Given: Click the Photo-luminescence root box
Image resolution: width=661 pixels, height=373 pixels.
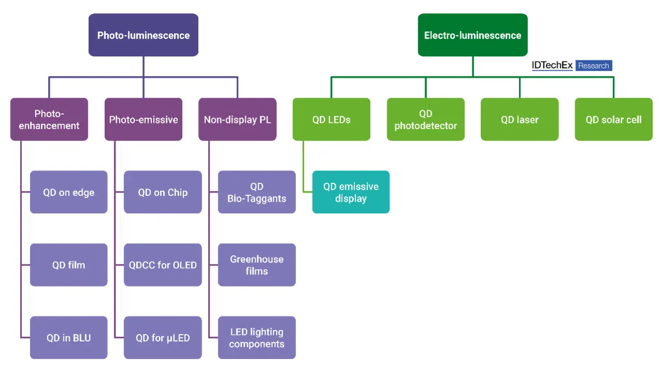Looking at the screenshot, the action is [x=144, y=35].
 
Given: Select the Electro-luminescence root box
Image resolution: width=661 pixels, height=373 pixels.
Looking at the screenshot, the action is [x=473, y=35].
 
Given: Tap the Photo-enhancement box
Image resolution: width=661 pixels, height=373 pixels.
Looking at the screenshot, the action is [x=49, y=119].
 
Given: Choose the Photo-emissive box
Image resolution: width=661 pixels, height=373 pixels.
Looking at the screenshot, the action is [x=144, y=119].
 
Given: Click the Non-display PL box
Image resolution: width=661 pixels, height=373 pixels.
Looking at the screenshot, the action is [x=238, y=119].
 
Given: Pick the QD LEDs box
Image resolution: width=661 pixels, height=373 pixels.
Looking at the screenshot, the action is [x=332, y=119].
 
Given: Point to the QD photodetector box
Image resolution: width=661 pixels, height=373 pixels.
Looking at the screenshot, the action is [x=426, y=119].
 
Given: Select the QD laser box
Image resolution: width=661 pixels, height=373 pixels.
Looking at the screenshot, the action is [x=520, y=119].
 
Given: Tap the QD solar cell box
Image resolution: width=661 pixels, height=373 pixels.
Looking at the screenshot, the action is [x=614, y=119].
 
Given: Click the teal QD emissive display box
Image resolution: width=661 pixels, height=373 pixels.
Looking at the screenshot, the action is [x=351, y=192].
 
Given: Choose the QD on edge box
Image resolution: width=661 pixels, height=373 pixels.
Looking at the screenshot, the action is [x=69, y=192].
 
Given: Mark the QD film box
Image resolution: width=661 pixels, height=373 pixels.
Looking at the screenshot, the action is [x=69, y=265].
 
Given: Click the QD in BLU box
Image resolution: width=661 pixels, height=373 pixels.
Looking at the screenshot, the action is [x=69, y=337].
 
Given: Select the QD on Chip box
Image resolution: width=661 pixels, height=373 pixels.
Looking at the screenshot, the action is [x=163, y=192].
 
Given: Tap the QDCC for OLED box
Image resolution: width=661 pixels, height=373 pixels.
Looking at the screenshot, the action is [x=163, y=265].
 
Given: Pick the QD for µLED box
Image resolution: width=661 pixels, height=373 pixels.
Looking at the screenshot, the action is [x=163, y=337].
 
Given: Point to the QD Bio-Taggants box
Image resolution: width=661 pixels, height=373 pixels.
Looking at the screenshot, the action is [x=257, y=192].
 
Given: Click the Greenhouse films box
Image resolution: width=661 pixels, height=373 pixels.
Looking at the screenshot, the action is [x=257, y=265].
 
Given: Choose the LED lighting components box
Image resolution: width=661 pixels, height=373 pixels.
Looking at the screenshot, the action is [x=257, y=337].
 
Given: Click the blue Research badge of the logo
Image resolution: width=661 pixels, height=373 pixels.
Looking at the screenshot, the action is [x=594, y=66].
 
